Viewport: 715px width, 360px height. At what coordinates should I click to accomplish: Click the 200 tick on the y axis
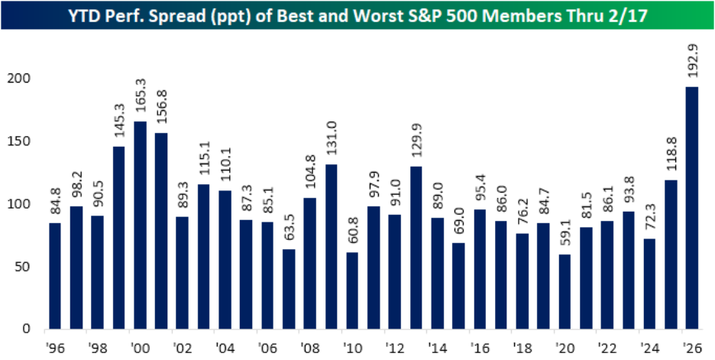tap(21, 79)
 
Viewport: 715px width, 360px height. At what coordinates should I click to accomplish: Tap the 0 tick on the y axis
tap(27, 329)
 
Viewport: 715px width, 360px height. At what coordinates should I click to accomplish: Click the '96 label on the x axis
tap(55, 346)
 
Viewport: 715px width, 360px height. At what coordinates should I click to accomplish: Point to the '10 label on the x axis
tap(351, 346)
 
